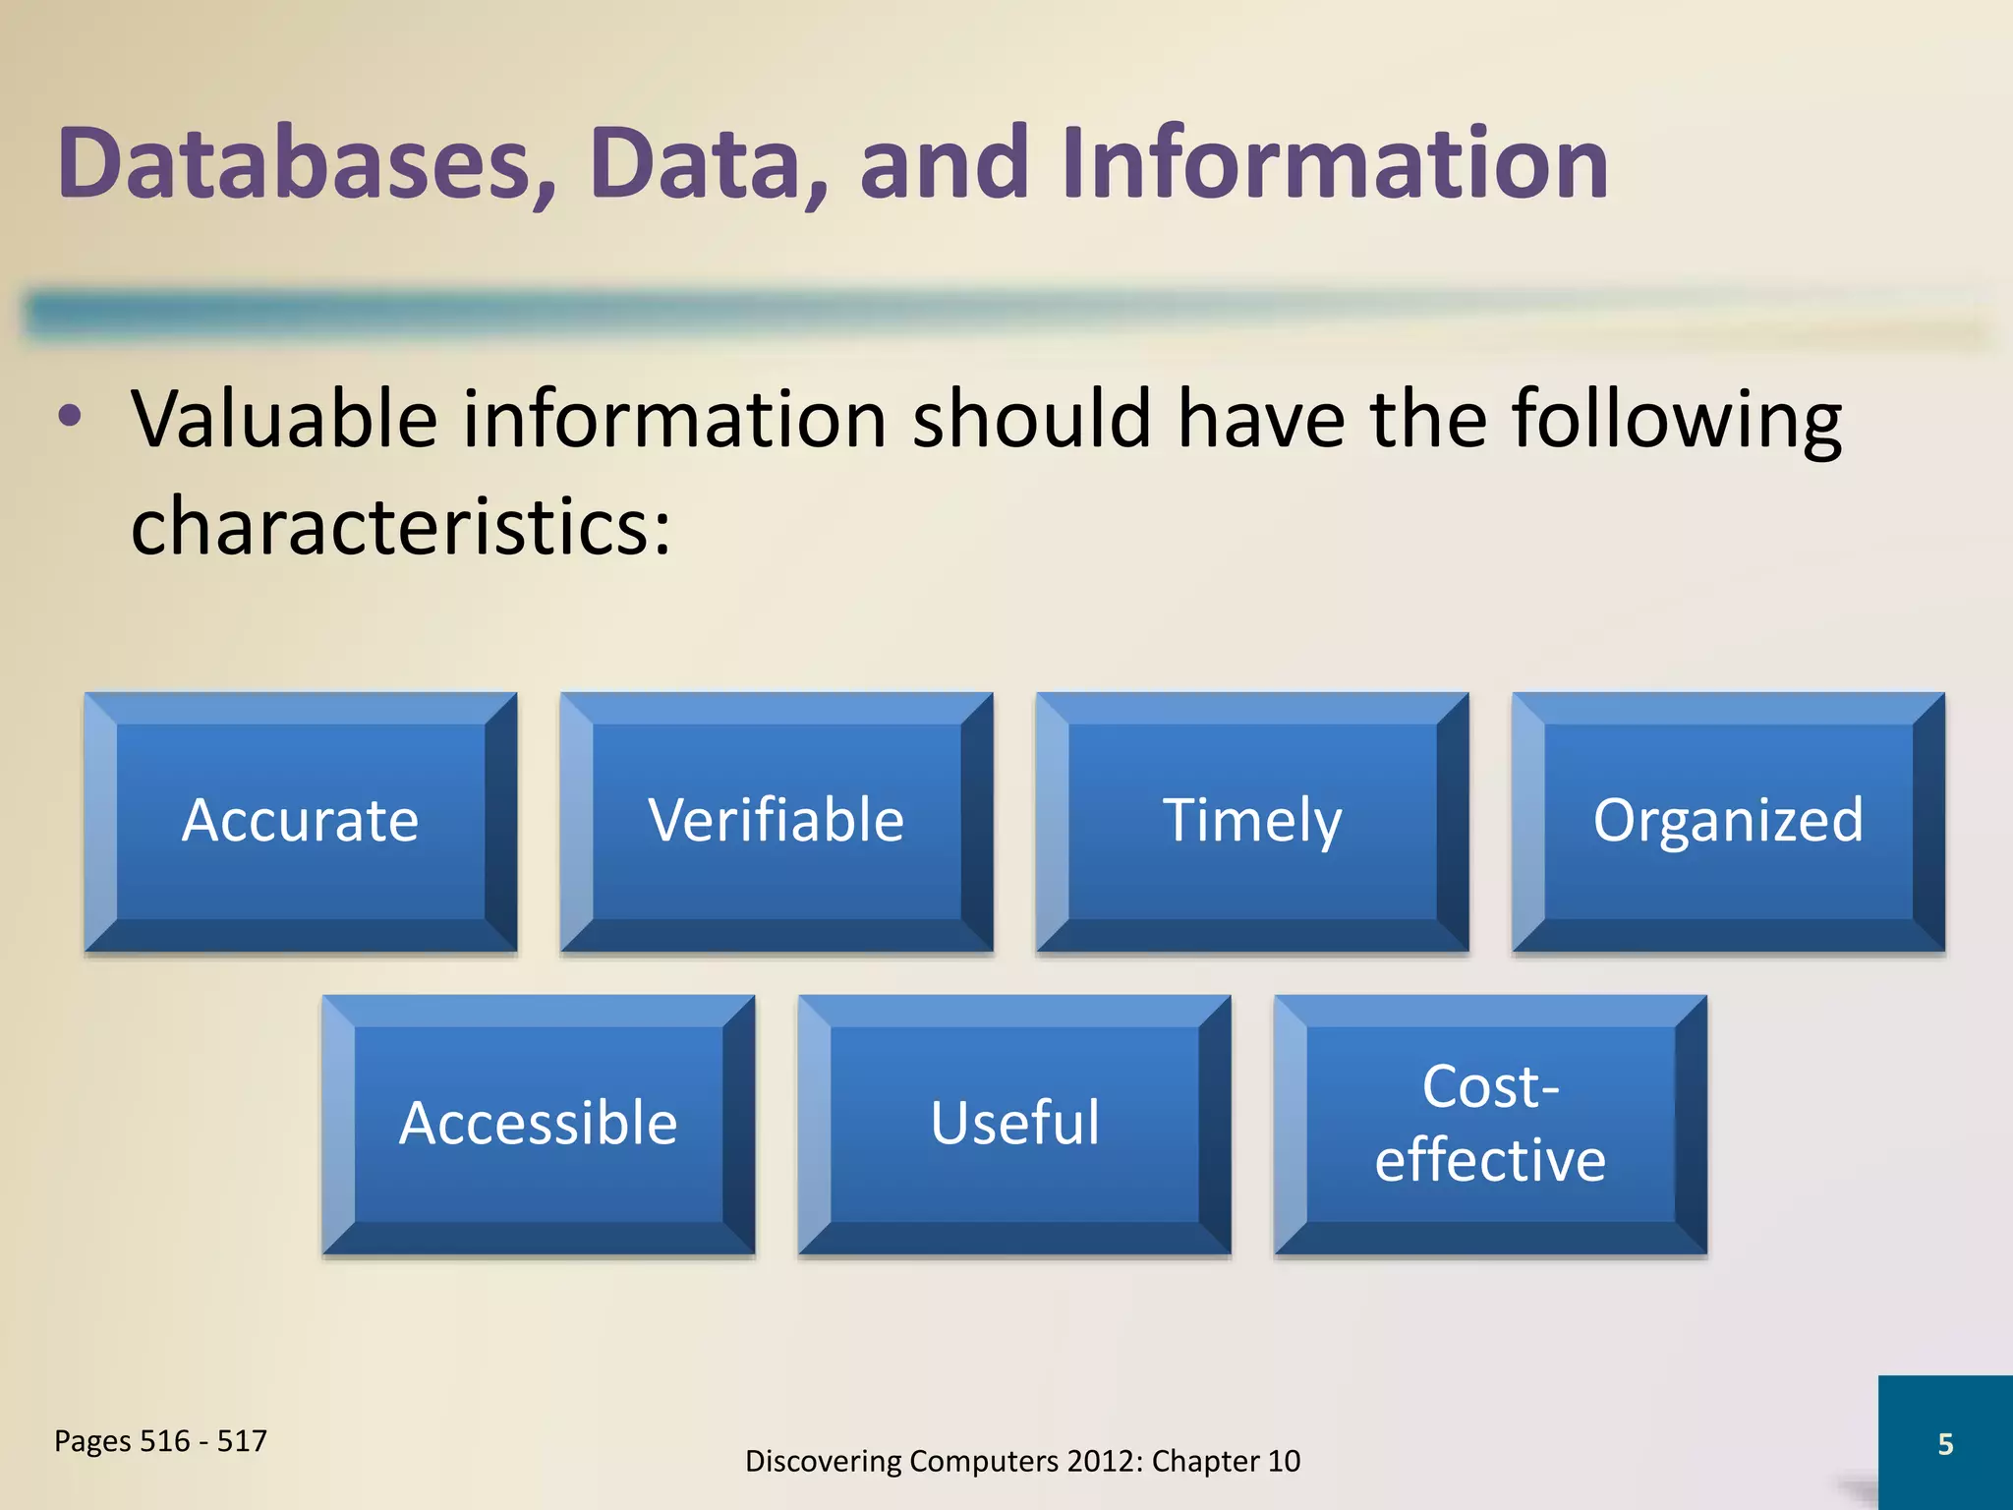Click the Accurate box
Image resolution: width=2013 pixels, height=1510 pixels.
(x=301, y=822)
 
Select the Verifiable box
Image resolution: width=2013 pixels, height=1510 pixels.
(x=776, y=822)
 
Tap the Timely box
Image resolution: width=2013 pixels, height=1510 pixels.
(x=1252, y=822)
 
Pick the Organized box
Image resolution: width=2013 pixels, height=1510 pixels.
(x=1728, y=822)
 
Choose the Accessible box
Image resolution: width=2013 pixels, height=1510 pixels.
(x=539, y=1125)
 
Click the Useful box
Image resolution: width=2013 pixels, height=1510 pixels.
(x=1014, y=1125)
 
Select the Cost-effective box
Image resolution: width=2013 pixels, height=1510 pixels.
(x=1490, y=1125)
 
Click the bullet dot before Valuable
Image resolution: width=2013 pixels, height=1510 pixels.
(x=70, y=417)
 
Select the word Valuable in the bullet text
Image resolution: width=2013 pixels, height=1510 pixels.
(x=284, y=420)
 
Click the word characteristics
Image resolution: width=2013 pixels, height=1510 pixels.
(x=400, y=526)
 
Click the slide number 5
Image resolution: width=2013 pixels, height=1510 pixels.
(x=1945, y=1444)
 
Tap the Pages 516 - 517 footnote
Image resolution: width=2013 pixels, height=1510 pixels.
(x=160, y=1441)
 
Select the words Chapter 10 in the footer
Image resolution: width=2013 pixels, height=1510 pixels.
(x=1226, y=1462)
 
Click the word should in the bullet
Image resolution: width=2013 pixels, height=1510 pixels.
(x=1032, y=420)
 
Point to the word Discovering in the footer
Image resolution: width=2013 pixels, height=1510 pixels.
(x=824, y=1462)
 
